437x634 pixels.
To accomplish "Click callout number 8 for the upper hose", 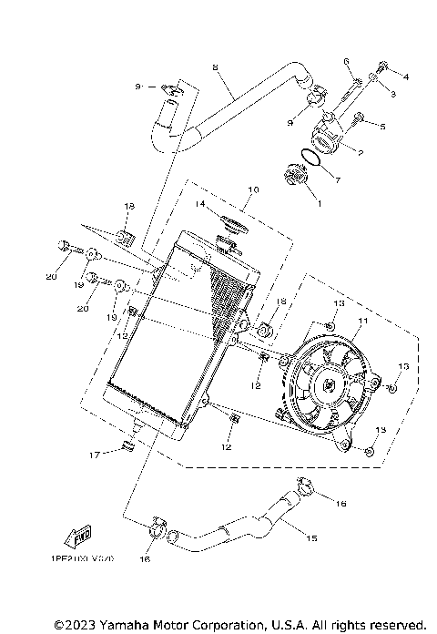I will pyautogui.click(x=216, y=67).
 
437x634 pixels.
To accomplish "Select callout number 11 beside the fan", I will pyautogui.click(x=361, y=322).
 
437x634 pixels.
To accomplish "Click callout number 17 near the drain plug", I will pyautogui.click(x=94, y=454).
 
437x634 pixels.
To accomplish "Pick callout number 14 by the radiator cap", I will pyautogui.click(x=198, y=204).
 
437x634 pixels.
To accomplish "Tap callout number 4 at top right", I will pyautogui.click(x=406, y=77).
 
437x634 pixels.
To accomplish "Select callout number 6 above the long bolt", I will pyautogui.click(x=347, y=61).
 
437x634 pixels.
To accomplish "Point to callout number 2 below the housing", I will pyautogui.click(x=360, y=153).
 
